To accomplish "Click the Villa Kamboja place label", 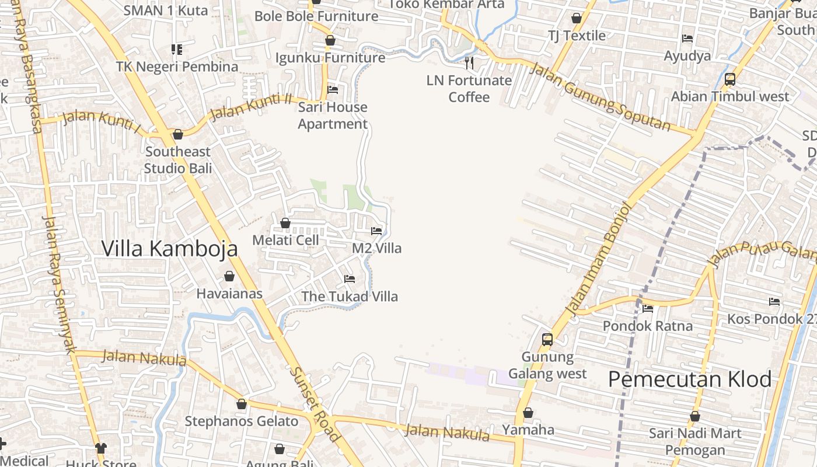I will tap(169, 248).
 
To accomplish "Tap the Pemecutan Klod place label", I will tap(690, 379).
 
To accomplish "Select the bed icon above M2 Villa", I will tap(376, 231).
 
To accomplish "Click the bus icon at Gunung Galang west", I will tap(547, 339).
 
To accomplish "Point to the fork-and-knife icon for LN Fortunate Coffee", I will tap(469, 62).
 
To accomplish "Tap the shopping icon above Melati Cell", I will tap(285, 223).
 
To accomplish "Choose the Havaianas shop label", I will tap(229, 293).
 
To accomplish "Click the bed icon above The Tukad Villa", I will tap(350, 279).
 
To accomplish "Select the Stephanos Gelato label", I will tap(242, 421).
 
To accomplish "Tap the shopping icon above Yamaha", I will tap(528, 413).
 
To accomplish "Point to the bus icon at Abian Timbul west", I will tap(729, 79).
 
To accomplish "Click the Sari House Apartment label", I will tap(333, 115).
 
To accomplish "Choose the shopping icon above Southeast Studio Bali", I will tap(178, 135).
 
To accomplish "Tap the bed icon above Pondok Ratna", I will tap(648, 309).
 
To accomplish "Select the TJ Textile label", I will tap(577, 36).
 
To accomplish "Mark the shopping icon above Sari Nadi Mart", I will tap(694, 417).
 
